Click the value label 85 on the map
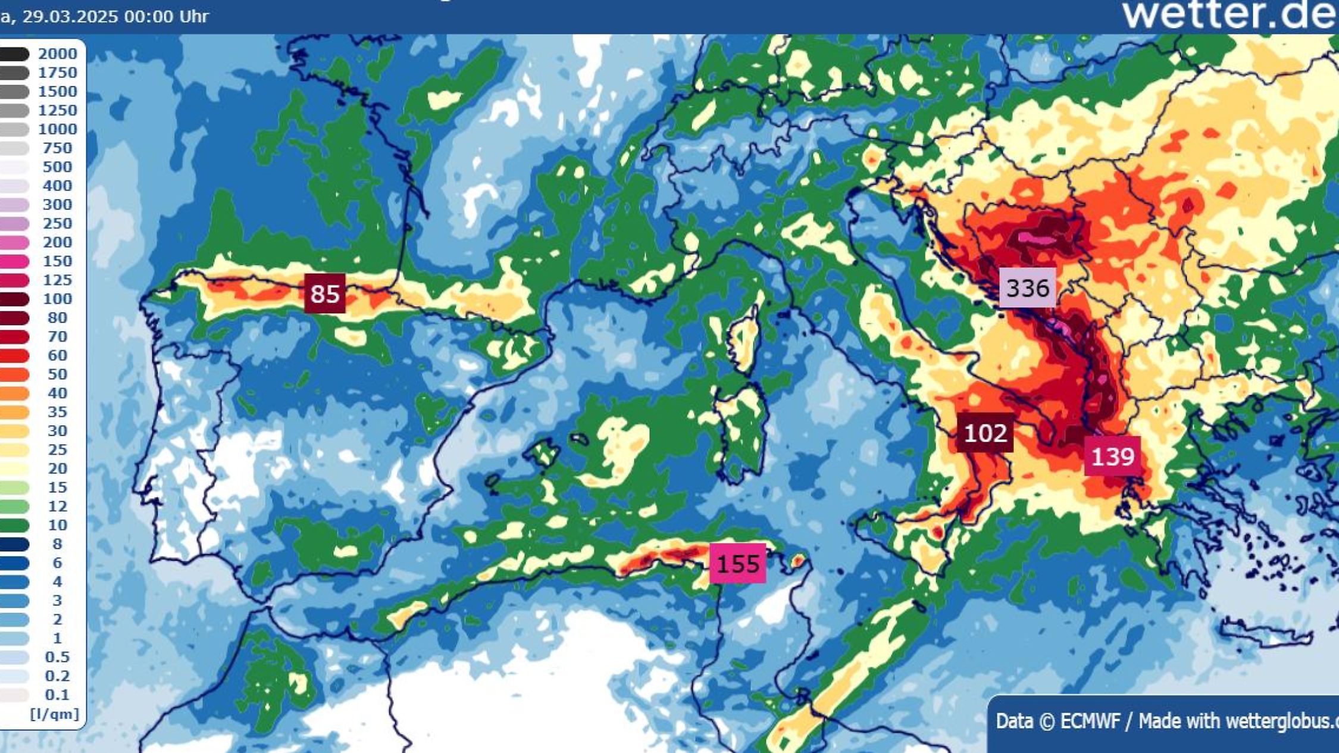[x=325, y=293]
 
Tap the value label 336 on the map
[x=1027, y=288]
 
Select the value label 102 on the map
[x=985, y=433]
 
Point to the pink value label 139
[x=1112, y=457]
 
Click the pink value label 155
[x=737, y=563]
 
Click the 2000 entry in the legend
[x=58, y=54]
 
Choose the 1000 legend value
[x=58, y=129]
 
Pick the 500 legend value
[x=58, y=167]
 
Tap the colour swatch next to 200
[x=15, y=242]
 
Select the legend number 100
[x=58, y=299]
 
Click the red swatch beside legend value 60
[x=15, y=355]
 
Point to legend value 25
[x=58, y=449]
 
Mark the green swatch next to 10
[x=15, y=525]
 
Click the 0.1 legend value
[x=58, y=695]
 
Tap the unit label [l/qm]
[x=54, y=714]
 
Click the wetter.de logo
[x=1229, y=14]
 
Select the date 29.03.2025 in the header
[x=70, y=16]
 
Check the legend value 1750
[x=58, y=73]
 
